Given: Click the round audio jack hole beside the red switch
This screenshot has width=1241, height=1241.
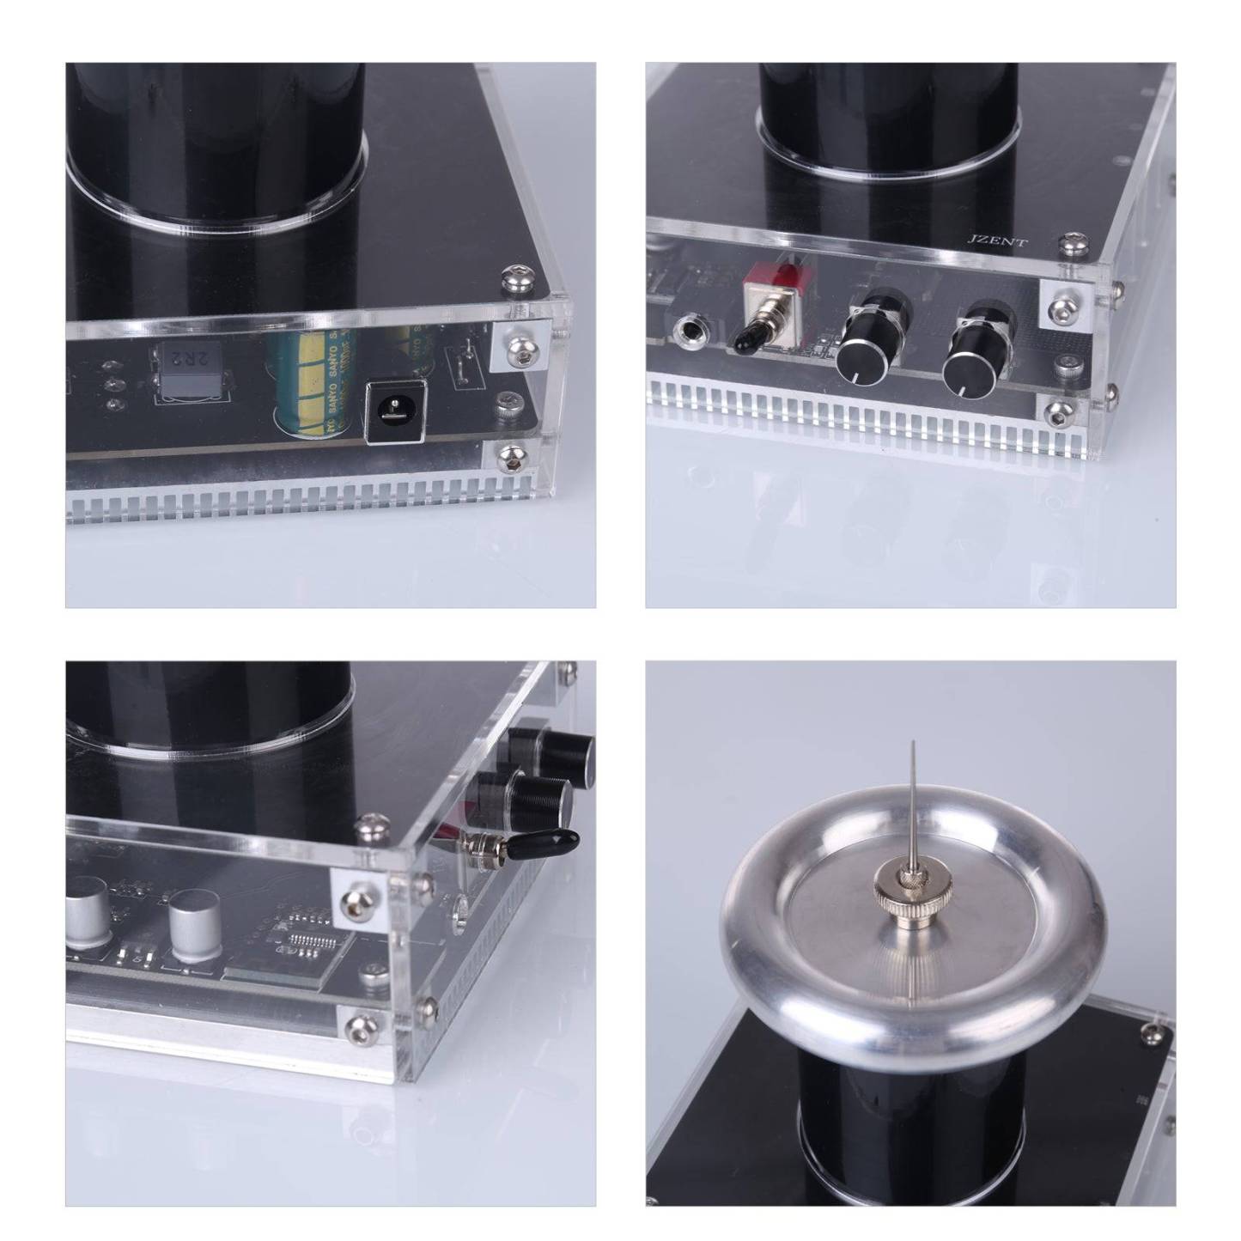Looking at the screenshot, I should pyautogui.click(x=690, y=329).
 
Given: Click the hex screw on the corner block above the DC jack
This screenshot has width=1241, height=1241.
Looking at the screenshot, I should pyautogui.click(x=518, y=346).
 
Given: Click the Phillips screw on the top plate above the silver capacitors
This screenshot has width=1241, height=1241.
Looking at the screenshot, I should pyautogui.click(x=372, y=827).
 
